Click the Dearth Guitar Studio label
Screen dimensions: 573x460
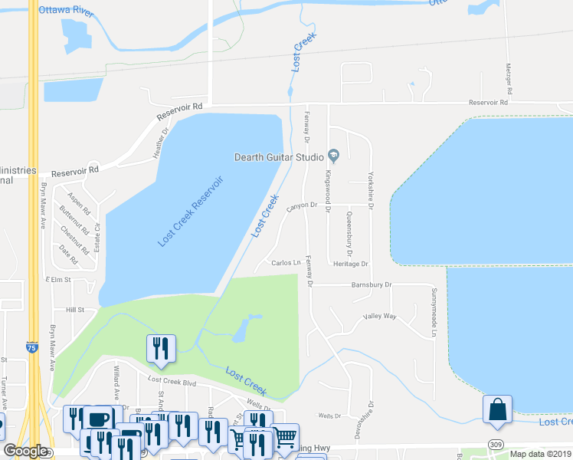coord(279,157)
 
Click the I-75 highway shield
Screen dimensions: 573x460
coord(31,347)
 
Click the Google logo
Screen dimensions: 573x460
coord(25,452)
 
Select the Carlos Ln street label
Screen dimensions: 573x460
coord(286,263)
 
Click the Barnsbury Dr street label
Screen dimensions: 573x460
coord(372,284)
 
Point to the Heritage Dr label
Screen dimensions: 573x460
coord(350,264)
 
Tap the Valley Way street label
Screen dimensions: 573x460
coord(379,316)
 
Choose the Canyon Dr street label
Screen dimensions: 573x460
coord(301,205)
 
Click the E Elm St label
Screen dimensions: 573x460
coord(57,281)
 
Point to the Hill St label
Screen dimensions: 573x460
coord(74,310)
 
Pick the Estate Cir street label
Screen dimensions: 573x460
coord(98,235)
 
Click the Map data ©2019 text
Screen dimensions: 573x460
coord(541,454)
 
